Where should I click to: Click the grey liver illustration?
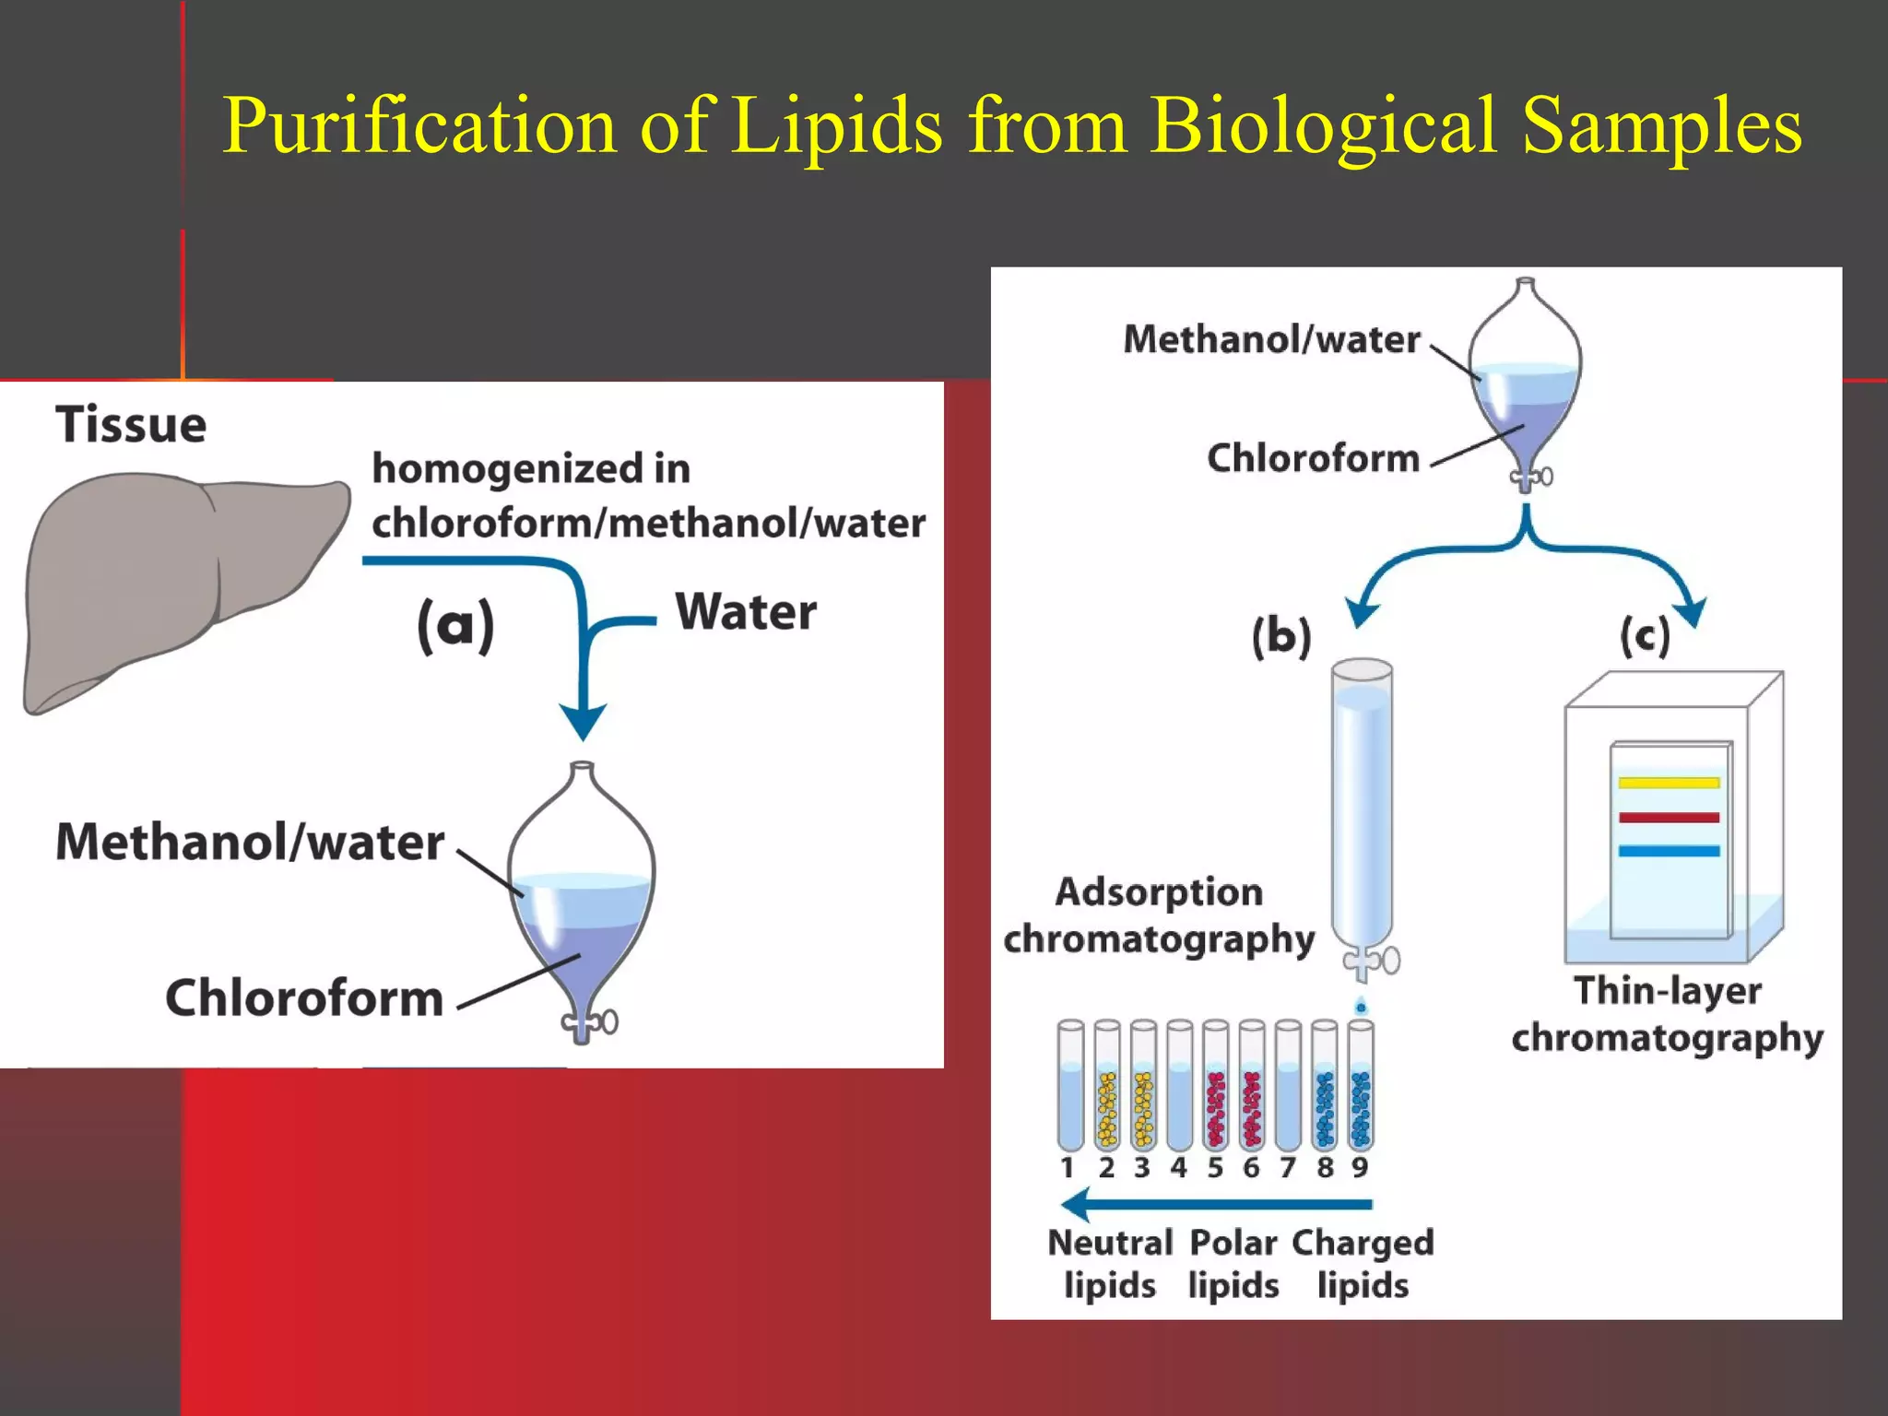tap(175, 581)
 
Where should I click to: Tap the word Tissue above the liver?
tap(131, 425)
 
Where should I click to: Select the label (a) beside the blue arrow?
tap(455, 626)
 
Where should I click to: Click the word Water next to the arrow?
tap(746, 612)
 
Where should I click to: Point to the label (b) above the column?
tap(1281, 637)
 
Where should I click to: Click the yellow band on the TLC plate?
tap(1669, 784)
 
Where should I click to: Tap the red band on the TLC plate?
tap(1669, 818)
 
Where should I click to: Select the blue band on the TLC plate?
tap(1669, 851)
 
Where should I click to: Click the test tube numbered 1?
tap(1070, 1088)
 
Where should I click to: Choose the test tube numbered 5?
tap(1215, 1088)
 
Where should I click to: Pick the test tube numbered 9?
tap(1361, 1088)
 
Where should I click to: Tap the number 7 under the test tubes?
tap(1288, 1168)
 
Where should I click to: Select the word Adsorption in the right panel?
tap(1159, 892)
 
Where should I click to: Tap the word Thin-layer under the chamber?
tap(1668, 991)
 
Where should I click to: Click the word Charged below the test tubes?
tap(1363, 1243)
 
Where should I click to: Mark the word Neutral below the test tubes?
tap(1110, 1243)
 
